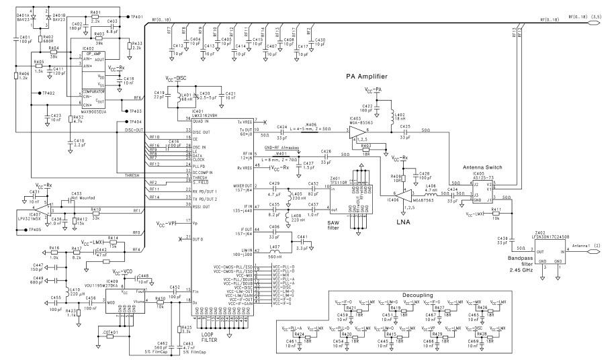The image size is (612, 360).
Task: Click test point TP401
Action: tap(128, 15)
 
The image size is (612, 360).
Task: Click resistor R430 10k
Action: tap(160, 302)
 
